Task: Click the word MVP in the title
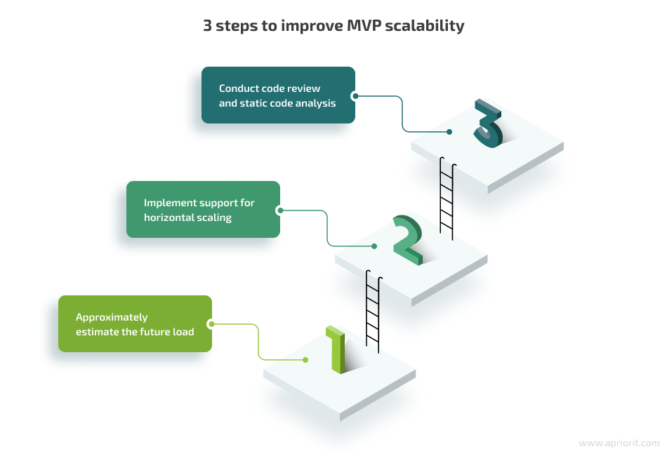(364, 25)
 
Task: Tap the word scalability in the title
(425, 27)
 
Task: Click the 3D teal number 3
(489, 123)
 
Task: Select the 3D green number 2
(408, 240)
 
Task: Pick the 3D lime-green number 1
(336, 350)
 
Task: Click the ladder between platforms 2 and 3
(447, 199)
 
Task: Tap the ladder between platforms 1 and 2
(373, 311)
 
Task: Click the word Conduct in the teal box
(237, 88)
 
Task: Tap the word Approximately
(112, 318)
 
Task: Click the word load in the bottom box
(183, 332)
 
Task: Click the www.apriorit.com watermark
(619, 443)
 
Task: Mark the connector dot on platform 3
(449, 132)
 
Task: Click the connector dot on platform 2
(374, 246)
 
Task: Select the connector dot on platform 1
(305, 360)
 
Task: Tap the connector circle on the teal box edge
(355, 96)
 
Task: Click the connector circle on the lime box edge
(211, 324)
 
